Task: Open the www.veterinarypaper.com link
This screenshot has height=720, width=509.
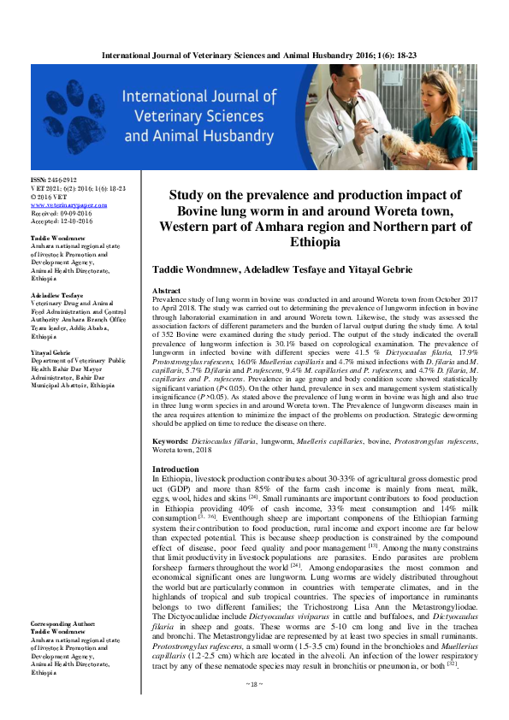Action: click(x=68, y=206)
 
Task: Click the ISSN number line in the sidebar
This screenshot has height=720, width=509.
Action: click(x=54, y=180)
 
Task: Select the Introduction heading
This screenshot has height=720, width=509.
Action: click(x=175, y=470)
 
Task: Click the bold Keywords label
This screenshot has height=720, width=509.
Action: click(x=169, y=440)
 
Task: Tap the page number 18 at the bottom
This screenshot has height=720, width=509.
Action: click(x=254, y=708)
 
